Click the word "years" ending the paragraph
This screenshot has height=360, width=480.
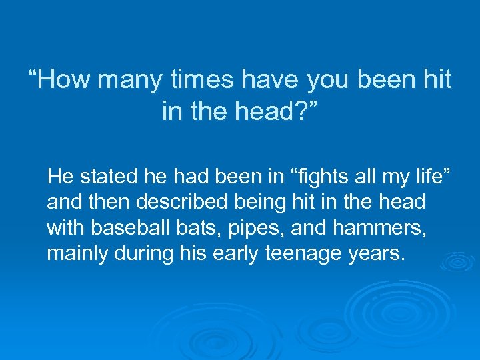[x=380, y=253]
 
